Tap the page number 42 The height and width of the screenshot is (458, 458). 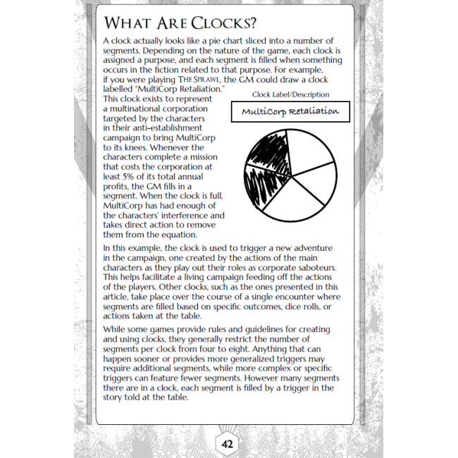(227, 445)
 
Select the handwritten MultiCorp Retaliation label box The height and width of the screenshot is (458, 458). (290, 112)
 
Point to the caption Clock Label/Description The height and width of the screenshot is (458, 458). (290, 94)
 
